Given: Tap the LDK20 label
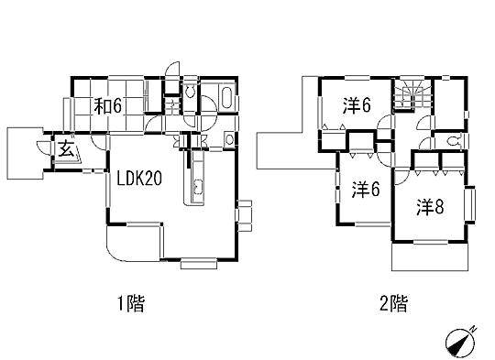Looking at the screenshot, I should (138, 180).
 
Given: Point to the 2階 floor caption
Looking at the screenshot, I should (393, 303).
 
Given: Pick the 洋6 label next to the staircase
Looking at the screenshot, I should (357, 105).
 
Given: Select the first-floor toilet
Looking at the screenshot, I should (190, 92).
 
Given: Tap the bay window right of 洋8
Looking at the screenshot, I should (471, 203).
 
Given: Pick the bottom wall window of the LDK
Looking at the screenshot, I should (198, 265).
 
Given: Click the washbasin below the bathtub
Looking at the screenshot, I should (227, 139).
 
